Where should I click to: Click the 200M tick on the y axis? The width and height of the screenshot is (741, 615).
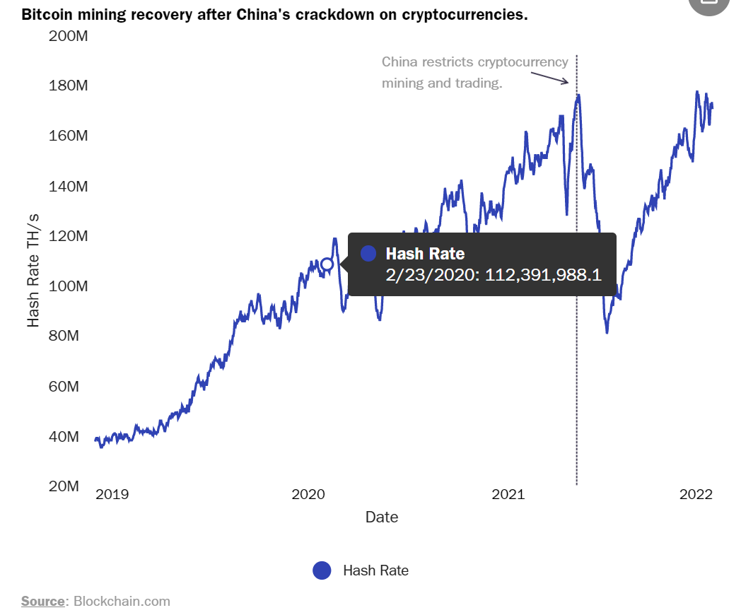click(x=68, y=36)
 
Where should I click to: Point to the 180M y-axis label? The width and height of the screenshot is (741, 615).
click(x=68, y=86)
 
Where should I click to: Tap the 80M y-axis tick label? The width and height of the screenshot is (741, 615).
click(x=64, y=336)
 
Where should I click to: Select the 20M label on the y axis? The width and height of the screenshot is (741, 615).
click(x=64, y=486)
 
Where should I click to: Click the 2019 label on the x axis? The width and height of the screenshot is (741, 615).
click(x=112, y=494)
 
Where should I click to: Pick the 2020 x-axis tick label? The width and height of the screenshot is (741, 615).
click(x=308, y=494)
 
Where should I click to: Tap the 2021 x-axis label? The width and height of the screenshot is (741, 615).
click(x=508, y=494)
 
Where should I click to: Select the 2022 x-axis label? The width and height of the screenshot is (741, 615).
click(x=696, y=494)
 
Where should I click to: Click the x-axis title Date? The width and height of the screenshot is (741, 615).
click(x=382, y=517)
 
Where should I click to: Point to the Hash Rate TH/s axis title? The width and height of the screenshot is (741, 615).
click(x=33, y=270)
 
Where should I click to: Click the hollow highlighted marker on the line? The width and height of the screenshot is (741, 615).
click(x=327, y=264)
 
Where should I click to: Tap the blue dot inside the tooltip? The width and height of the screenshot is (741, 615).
click(x=368, y=254)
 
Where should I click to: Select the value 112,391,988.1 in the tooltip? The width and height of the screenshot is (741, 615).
click(x=543, y=275)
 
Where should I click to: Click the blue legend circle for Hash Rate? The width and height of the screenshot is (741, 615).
click(x=322, y=570)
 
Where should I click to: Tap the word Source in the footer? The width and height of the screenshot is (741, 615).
click(x=43, y=602)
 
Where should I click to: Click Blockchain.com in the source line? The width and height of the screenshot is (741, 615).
click(x=122, y=602)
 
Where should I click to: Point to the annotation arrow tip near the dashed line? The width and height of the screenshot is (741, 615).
click(x=568, y=83)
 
